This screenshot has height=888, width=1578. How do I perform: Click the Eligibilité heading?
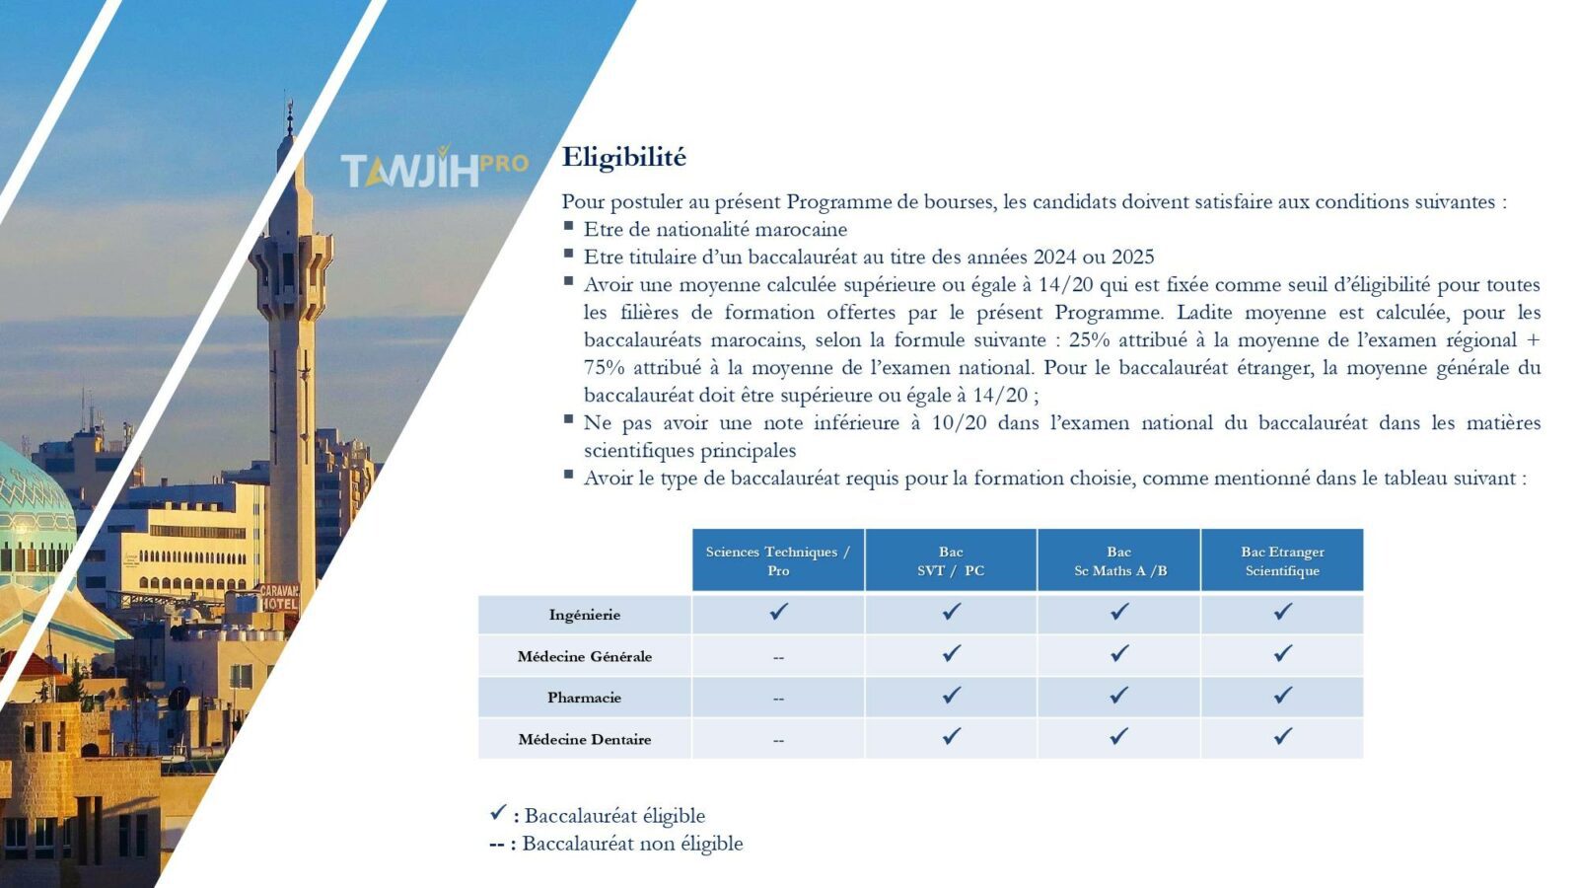(x=623, y=157)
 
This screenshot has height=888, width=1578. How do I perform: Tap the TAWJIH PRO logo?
(x=435, y=168)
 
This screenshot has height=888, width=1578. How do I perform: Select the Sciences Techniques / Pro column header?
(x=778, y=560)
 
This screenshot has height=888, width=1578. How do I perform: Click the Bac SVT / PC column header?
(x=951, y=560)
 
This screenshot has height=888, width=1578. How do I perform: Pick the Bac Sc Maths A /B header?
(x=1119, y=560)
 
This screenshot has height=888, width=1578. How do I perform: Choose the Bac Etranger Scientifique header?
(x=1282, y=560)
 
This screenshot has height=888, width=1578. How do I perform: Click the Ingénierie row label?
(x=585, y=616)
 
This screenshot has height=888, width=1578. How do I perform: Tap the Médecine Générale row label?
(x=585, y=657)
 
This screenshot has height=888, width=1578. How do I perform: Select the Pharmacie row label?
(x=585, y=698)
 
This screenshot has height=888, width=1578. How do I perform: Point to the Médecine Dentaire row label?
(x=585, y=739)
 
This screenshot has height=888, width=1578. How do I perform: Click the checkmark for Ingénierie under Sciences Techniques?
(x=778, y=611)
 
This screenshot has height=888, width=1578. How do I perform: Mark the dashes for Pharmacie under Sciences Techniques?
(x=778, y=700)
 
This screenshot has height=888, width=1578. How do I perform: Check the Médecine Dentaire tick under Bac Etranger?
(x=1283, y=736)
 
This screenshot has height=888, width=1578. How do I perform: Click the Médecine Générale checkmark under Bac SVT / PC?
(x=951, y=653)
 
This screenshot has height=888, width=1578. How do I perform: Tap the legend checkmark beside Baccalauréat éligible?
(x=498, y=813)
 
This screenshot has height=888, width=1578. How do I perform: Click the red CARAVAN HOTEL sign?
(x=279, y=597)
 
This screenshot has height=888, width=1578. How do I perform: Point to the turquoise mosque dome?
(x=32, y=514)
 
